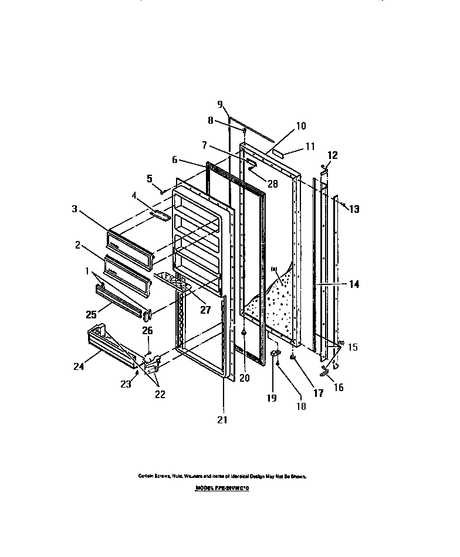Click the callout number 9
tap(220, 105)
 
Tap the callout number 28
tap(272, 184)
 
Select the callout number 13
tap(354, 209)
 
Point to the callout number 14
tap(354, 284)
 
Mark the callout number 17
tap(318, 393)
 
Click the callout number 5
tap(149, 178)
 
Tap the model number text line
tap(222, 487)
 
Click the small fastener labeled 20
tap(243, 332)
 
